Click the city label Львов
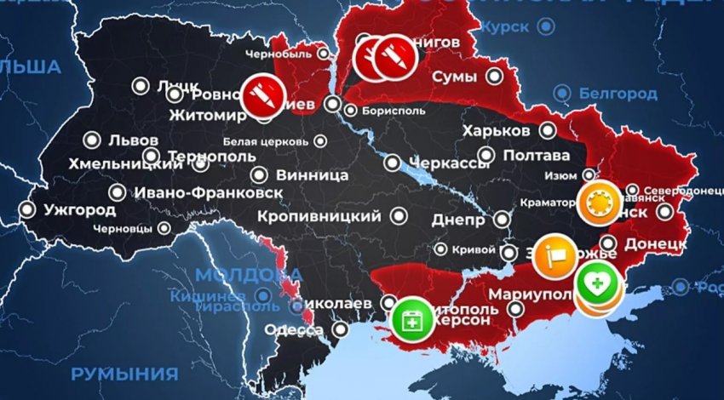pyautogui.click(x=133, y=140)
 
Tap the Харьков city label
pyautogui.click(x=497, y=131)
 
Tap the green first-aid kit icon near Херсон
pyautogui.click(x=412, y=318)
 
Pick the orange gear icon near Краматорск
pyautogui.click(x=600, y=203)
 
